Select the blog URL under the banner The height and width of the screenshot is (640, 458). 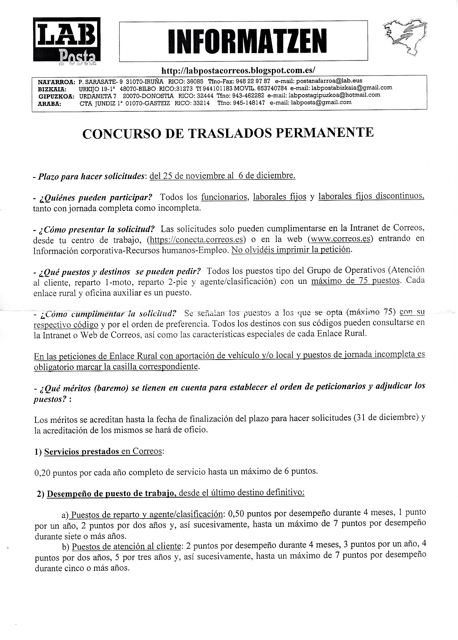point(238,70)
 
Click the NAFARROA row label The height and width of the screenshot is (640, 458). point(56,82)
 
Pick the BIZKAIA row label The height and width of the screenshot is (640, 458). point(52,89)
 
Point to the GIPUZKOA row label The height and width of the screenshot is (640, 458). point(56,96)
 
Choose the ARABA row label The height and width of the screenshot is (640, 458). point(49,104)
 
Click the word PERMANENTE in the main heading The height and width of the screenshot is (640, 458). point(324,132)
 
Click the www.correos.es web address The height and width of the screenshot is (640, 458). point(341,239)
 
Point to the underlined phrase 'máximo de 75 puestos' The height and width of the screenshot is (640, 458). point(355,281)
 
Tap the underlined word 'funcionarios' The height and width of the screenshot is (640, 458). point(224,197)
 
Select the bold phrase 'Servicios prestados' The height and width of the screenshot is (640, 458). point(81,451)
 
